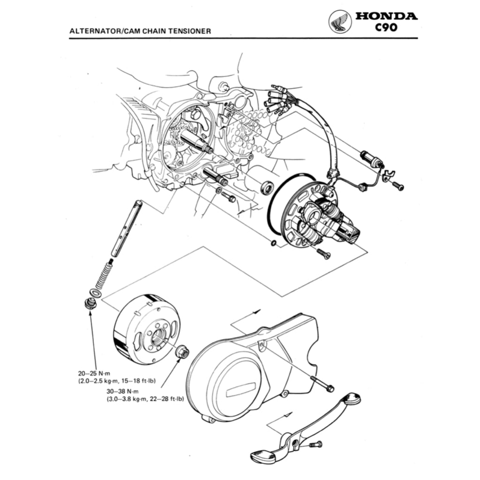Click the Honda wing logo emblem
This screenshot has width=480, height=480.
[340, 22]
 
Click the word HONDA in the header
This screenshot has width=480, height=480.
[386, 16]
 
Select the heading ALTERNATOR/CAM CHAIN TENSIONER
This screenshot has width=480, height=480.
[140, 31]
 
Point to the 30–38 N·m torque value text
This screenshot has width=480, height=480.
[123, 391]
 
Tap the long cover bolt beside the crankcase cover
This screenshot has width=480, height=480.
[322, 384]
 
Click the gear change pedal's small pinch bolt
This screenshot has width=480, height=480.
[316, 443]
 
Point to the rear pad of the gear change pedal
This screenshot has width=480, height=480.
[351, 399]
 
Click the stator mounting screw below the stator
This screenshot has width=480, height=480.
[323, 254]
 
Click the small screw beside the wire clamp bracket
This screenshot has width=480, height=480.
[397, 186]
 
